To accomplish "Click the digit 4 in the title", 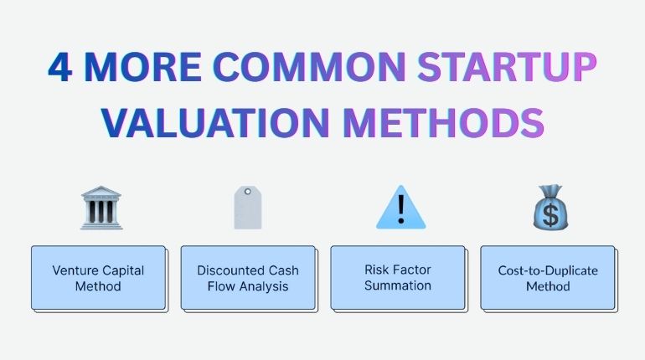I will (x=60, y=68).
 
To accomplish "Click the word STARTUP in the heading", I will (x=493, y=68).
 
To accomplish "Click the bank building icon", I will (x=101, y=208).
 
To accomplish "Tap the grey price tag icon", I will (x=249, y=208).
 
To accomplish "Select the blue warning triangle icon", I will (x=400, y=208).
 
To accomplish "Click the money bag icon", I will (x=550, y=208).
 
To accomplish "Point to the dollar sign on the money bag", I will (x=550, y=215).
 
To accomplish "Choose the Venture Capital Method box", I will (x=98, y=278).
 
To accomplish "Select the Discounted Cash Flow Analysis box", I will (x=248, y=278).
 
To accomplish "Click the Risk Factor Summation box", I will (x=397, y=278).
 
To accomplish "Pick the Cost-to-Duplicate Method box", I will (x=547, y=278).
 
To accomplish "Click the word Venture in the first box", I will (x=75, y=270).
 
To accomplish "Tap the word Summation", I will (x=398, y=285).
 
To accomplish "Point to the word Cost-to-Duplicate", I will (x=547, y=270).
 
